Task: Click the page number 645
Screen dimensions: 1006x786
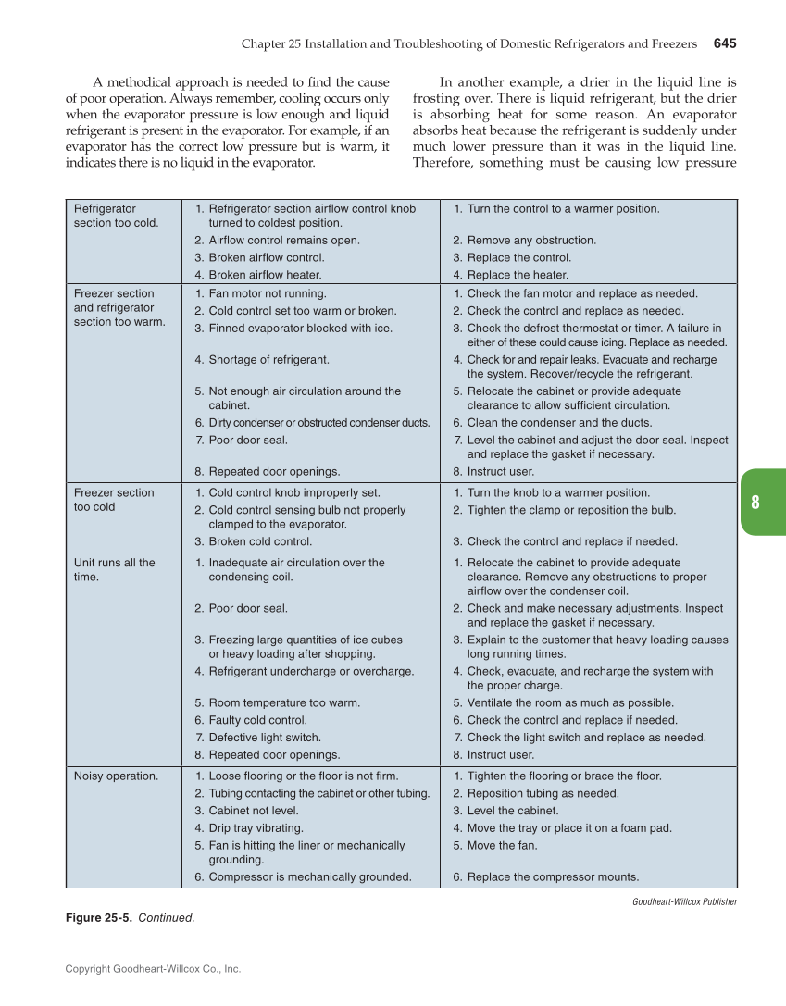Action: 724,43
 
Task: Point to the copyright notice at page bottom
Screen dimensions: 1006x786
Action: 153,969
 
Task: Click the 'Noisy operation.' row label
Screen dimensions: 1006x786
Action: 116,776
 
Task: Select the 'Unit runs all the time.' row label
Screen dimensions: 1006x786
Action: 114,569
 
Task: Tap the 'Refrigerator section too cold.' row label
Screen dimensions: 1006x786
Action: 116,216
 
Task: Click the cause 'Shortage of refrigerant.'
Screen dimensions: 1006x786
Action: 268,360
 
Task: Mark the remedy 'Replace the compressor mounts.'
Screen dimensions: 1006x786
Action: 553,876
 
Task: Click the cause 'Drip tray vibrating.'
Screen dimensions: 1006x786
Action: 256,828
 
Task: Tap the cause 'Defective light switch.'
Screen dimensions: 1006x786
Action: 265,738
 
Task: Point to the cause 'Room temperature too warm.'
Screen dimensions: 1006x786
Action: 284,702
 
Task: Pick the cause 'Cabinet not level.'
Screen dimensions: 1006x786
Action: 253,811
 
